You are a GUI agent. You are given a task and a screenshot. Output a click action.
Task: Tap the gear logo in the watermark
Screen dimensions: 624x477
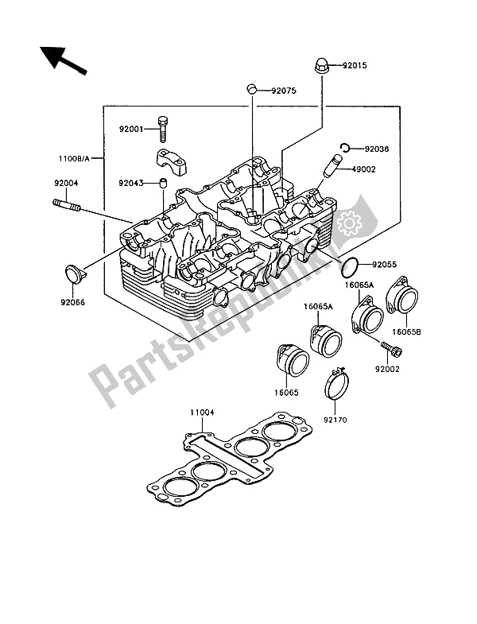tap(351, 223)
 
